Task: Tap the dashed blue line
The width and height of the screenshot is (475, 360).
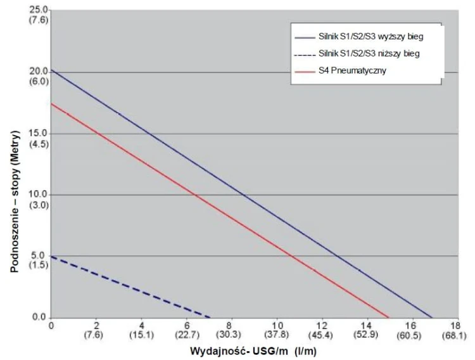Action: tap(127, 285)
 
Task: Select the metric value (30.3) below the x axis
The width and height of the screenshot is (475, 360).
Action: tap(232, 335)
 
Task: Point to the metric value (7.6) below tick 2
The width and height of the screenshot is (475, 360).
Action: tap(96, 335)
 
